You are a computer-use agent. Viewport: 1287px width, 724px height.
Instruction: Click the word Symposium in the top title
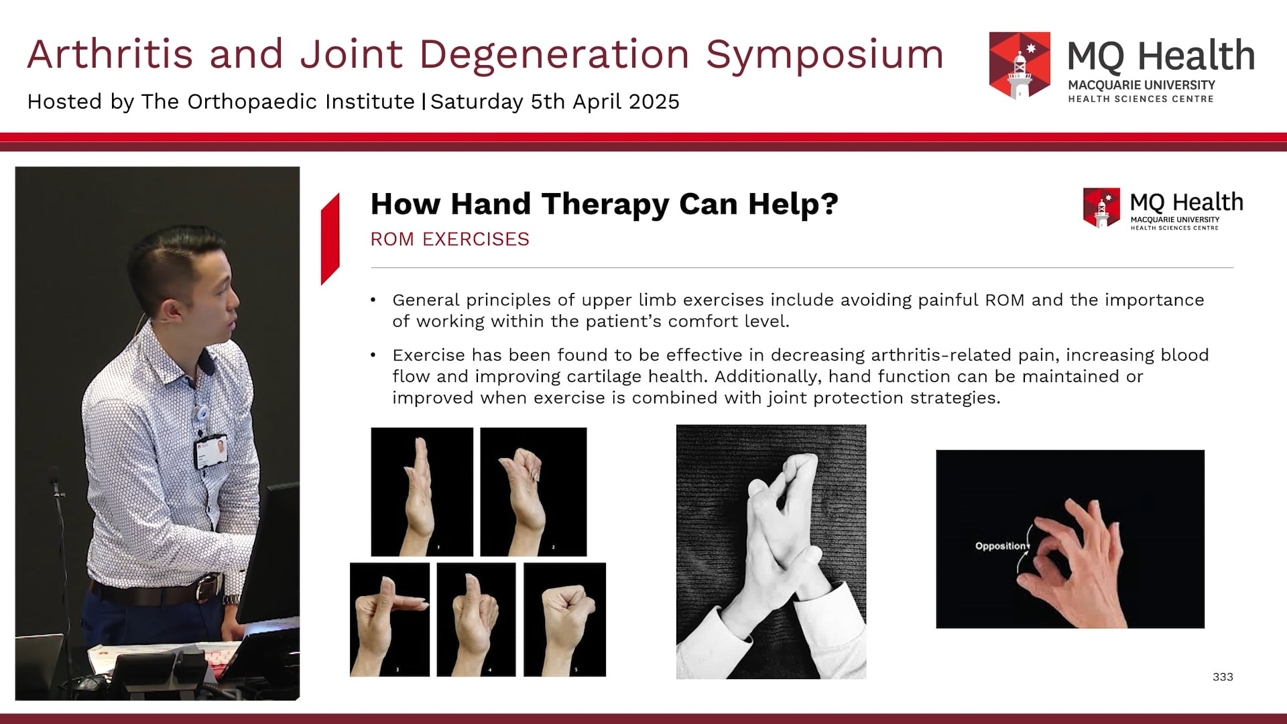pyautogui.click(x=824, y=55)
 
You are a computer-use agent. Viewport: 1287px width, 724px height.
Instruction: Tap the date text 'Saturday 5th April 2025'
pyautogui.click(x=555, y=102)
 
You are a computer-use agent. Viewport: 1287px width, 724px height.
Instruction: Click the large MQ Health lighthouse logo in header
pyautogui.click(x=1019, y=65)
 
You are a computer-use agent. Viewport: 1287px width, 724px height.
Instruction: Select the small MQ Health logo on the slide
pyautogui.click(x=1101, y=208)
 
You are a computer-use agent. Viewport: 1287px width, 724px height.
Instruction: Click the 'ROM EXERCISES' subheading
pyautogui.click(x=450, y=239)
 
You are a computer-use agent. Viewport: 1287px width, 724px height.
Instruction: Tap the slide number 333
pyautogui.click(x=1223, y=677)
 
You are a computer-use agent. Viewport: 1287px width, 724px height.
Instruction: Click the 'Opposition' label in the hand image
pyautogui.click(x=1000, y=546)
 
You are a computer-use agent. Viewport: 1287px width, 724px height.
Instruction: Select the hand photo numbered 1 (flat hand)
pyautogui.click(x=422, y=491)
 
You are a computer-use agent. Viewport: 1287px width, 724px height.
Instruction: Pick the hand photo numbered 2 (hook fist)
pyautogui.click(x=533, y=491)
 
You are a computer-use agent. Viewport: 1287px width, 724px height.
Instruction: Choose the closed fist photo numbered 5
pyautogui.click(x=564, y=619)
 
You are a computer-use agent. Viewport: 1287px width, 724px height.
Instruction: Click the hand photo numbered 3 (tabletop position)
pyautogui.click(x=389, y=619)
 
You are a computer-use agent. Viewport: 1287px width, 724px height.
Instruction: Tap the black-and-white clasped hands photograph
pyautogui.click(x=771, y=551)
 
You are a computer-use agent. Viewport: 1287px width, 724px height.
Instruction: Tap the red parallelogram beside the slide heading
pyautogui.click(x=330, y=239)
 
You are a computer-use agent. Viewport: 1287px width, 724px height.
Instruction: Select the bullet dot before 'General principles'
pyautogui.click(x=373, y=300)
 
